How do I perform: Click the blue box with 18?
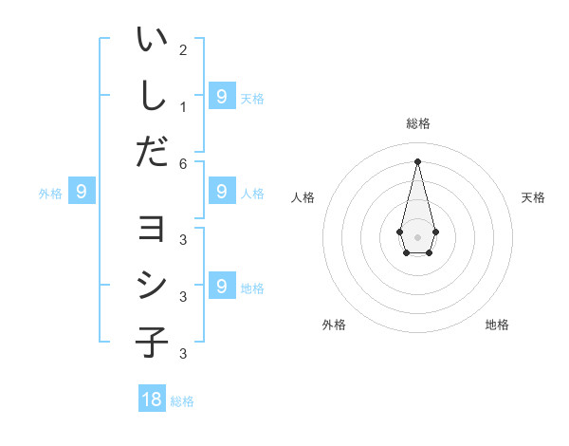tap(152, 400)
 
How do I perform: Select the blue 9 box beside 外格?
tap(82, 193)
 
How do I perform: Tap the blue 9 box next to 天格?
tap(221, 96)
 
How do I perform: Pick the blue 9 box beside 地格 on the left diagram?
tap(221, 286)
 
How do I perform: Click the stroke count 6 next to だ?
tap(183, 163)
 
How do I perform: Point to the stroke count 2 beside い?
tap(183, 49)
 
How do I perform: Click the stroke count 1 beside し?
tap(183, 106)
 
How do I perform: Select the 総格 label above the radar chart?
tap(417, 123)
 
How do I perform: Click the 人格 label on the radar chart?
tap(303, 197)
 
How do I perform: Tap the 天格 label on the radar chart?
tap(533, 197)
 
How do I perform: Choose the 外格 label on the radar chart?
tap(334, 325)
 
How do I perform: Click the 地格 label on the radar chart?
tap(497, 325)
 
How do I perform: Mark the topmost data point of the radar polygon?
tap(417, 160)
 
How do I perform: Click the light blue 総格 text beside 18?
tap(182, 401)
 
